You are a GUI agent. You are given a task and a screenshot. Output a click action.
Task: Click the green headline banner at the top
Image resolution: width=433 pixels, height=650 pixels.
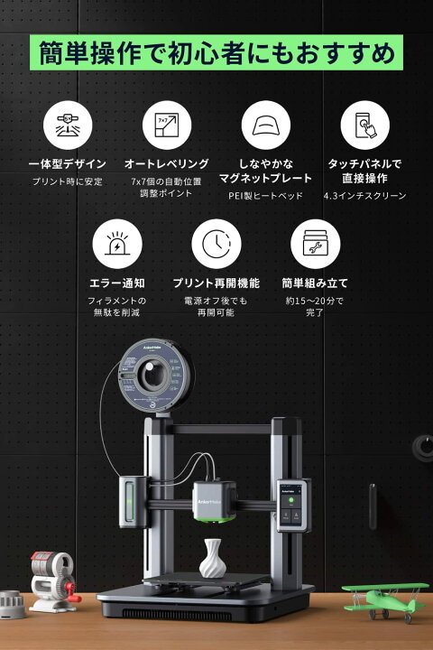(216, 53)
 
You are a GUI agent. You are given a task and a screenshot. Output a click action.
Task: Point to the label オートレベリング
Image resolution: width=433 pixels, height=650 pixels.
(166, 163)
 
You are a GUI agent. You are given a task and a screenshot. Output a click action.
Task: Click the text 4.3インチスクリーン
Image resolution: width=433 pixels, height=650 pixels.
(364, 196)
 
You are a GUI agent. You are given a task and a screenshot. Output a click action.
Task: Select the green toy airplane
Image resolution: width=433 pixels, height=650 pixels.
(385, 597)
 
